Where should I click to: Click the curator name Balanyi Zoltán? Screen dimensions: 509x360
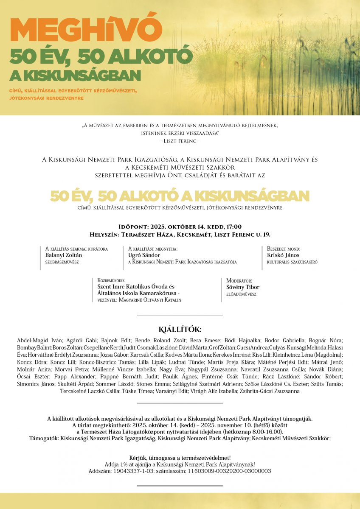64,255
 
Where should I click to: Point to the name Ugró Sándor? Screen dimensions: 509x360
144,255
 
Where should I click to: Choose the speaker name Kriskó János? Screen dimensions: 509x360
283,255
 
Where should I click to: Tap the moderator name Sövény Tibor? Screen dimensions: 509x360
243,287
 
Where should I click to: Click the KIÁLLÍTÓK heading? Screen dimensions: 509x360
180,330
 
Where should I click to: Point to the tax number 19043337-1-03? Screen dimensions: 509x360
135,471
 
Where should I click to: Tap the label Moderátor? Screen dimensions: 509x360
239,281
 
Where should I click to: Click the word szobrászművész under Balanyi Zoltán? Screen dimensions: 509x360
62,262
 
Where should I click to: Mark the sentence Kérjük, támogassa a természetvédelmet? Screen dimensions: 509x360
180,458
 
